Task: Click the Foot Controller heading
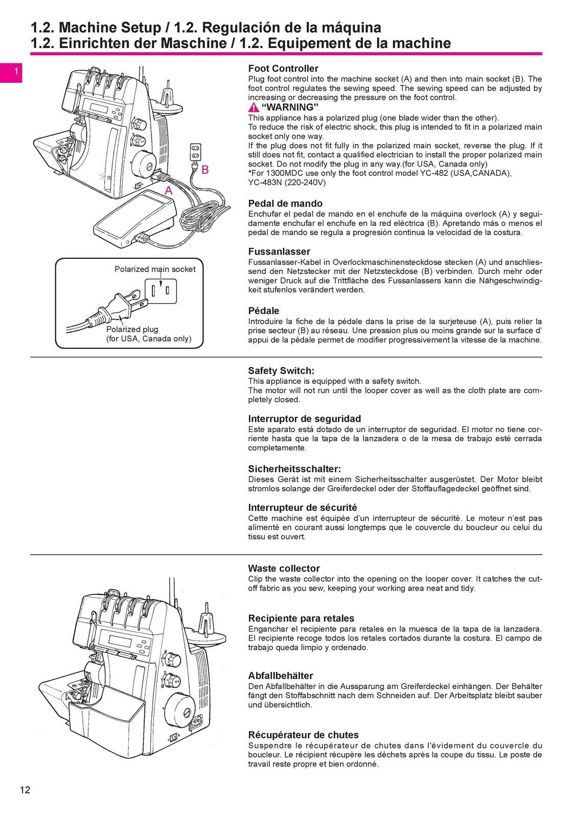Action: tap(283, 69)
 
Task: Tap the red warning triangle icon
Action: tap(254, 107)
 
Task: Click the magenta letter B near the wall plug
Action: tap(205, 170)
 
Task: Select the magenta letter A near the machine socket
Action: tap(168, 191)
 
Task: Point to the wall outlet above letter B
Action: tap(196, 151)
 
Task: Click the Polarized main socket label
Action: tap(155, 269)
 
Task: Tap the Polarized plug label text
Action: tap(132, 329)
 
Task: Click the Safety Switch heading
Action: tap(281, 371)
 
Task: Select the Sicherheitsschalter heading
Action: tap(294, 469)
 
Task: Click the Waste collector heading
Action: tap(284, 569)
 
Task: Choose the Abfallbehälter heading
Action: tap(280, 676)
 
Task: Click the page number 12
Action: tap(25, 790)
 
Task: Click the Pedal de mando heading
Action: tap(285, 203)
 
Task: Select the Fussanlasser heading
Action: tap(279, 252)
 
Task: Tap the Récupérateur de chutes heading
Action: tap(303, 735)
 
